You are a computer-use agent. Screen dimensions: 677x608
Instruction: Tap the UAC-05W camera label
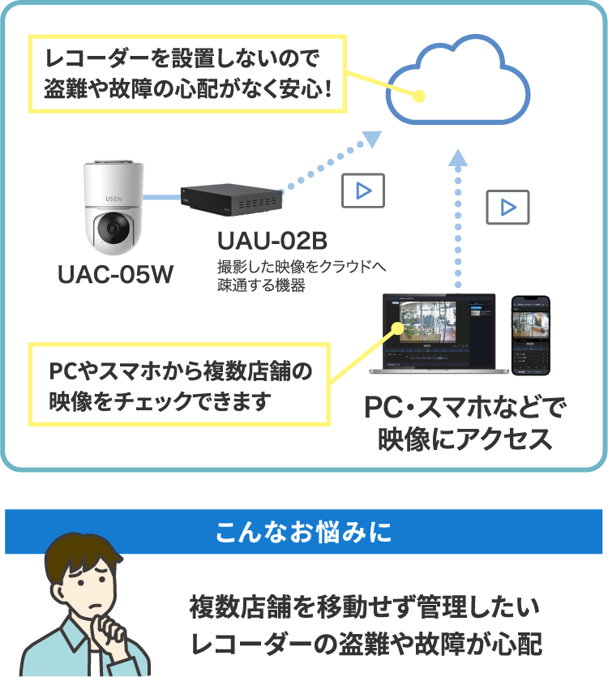(115, 275)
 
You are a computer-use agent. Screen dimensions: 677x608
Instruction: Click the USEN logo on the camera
(113, 195)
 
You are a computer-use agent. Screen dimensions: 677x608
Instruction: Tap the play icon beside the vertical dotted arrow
(507, 208)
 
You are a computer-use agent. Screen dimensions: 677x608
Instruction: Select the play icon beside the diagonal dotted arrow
(363, 191)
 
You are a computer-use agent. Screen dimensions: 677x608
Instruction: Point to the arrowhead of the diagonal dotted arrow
(370, 140)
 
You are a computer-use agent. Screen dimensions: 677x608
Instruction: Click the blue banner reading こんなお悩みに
(304, 532)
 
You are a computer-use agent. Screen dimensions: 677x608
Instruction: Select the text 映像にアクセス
(465, 439)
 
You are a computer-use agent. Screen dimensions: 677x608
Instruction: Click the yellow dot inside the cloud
(419, 95)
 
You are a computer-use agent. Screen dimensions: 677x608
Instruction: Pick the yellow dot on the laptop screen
(397, 328)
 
